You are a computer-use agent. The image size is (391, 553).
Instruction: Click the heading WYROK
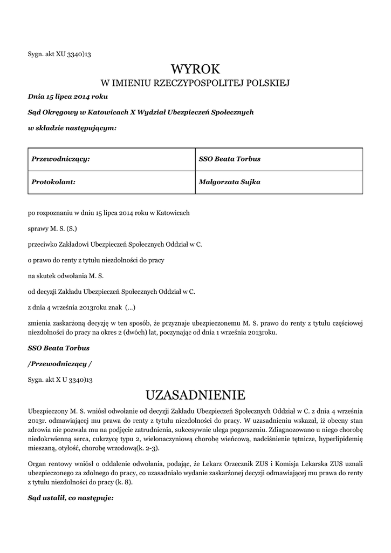point(196,69)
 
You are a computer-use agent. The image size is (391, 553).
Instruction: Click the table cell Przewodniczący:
point(60,159)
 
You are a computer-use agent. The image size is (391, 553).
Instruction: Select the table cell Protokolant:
point(53,182)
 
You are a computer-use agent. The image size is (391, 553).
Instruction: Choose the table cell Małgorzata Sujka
point(230,182)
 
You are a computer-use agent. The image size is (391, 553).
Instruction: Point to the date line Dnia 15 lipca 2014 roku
point(68,97)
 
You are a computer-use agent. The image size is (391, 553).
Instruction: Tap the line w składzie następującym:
point(72,128)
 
